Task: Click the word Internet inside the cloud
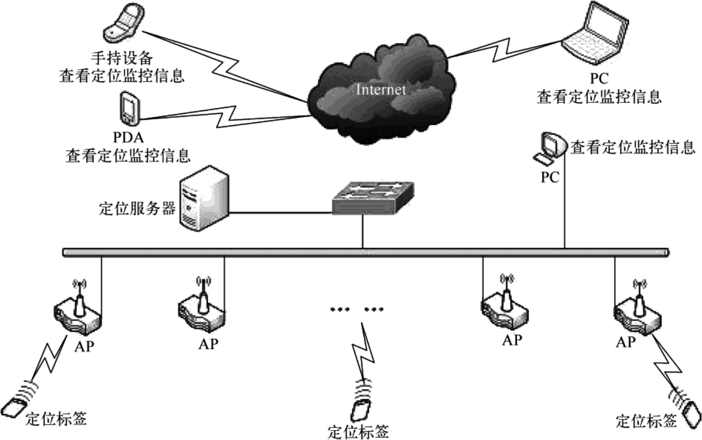381,90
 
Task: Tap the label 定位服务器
137,208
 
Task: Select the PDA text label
128,137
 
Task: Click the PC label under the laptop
599,78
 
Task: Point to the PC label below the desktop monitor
550,177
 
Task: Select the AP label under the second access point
208,343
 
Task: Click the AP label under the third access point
512,340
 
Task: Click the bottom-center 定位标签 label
358,432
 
